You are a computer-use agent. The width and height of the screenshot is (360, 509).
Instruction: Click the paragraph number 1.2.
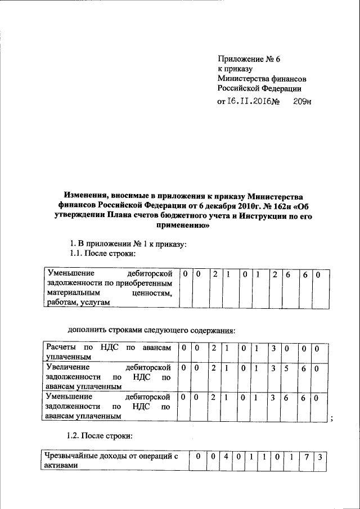pos(75,435)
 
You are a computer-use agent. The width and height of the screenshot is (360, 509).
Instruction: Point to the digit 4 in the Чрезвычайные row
pos(225,457)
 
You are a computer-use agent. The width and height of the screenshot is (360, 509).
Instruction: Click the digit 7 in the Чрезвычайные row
pos(307,457)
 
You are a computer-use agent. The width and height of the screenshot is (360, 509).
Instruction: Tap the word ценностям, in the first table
pos(151,293)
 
